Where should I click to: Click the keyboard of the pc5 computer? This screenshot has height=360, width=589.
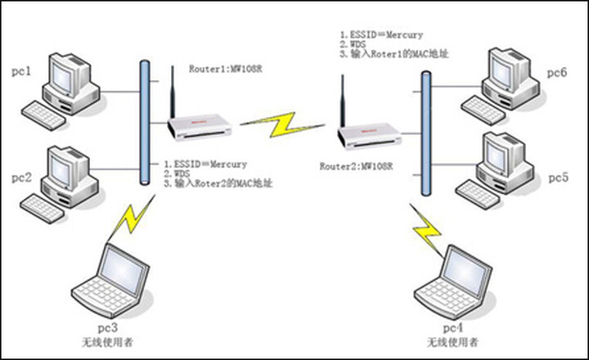(479, 191)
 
